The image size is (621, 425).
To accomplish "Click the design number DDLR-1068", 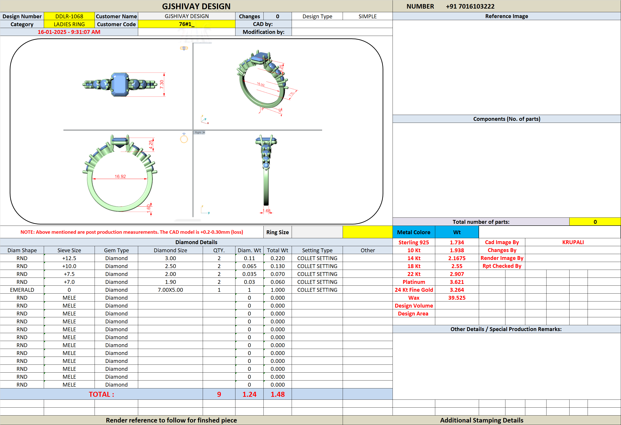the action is (x=69, y=16).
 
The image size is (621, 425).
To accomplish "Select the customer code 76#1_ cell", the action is (x=186, y=24).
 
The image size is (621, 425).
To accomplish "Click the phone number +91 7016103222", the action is (x=470, y=6).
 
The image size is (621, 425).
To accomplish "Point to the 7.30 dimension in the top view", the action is (x=162, y=84).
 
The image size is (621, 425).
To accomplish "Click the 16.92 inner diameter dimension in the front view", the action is (x=120, y=176).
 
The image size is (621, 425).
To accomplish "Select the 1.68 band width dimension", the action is (x=266, y=211).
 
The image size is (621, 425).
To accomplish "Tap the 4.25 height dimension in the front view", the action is (x=151, y=145).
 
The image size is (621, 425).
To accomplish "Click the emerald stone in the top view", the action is (x=120, y=84).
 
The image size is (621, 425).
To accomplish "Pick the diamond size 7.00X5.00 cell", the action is (x=170, y=290).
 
